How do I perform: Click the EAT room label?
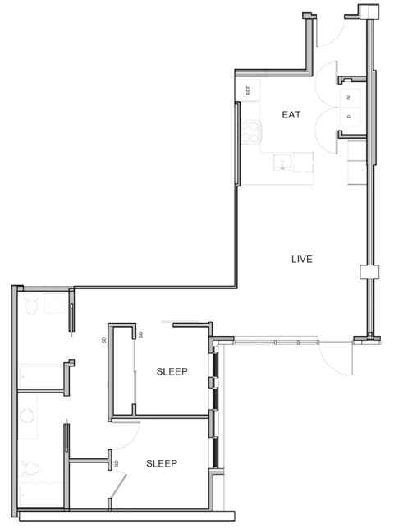(x=291, y=115)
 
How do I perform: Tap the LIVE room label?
(x=302, y=260)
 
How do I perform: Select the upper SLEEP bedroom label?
(x=172, y=371)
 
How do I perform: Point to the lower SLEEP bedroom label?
(x=162, y=463)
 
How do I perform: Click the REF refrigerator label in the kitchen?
(x=246, y=90)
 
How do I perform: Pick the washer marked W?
(x=349, y=97)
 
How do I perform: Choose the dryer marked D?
(x=349, y=117)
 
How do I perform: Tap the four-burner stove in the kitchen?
(x=250, y=132)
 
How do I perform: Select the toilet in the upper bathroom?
(x=30, y=306)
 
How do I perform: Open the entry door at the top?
(x=327, y=33)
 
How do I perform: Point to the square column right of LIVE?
(x=368, y=273)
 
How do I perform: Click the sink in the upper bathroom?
(x=57, y=304)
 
